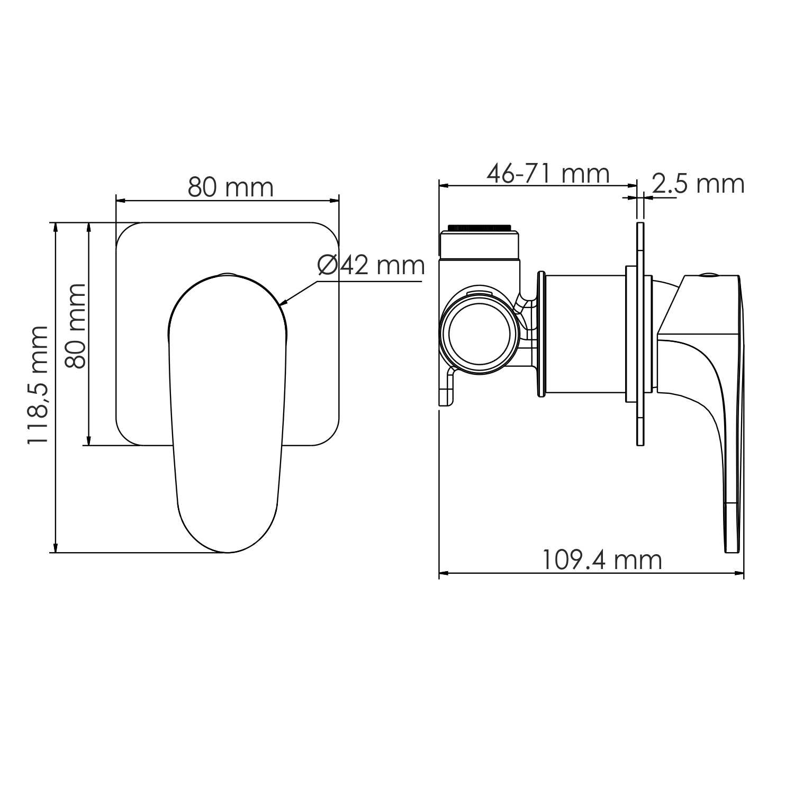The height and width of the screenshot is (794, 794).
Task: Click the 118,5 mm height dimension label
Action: click(39, 385)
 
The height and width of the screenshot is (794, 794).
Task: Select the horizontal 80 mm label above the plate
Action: click(230, 187)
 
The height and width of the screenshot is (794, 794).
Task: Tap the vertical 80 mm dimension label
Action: click(75, 326)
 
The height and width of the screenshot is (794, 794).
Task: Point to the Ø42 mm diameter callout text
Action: click(371, 265)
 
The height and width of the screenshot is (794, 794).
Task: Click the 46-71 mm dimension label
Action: click(548, 174)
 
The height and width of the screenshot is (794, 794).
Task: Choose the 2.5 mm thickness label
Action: click(698, 184)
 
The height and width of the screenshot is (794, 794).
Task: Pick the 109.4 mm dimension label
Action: click(602, 560)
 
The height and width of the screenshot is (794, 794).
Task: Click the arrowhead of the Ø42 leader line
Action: click(282, 304)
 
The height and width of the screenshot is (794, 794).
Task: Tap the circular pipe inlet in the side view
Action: click(479, 335)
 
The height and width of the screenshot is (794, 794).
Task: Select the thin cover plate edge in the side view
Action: click(640, 333)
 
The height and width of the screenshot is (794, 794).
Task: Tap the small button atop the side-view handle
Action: click(708, 274)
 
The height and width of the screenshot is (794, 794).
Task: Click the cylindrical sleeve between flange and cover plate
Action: click(585, 334)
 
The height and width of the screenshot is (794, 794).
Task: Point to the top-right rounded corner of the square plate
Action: click(329, 231)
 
